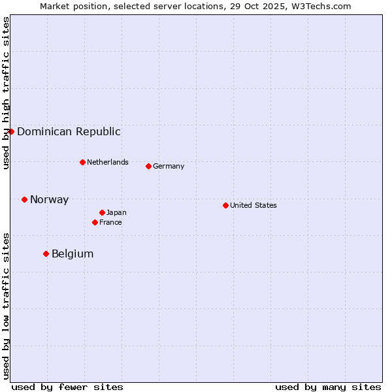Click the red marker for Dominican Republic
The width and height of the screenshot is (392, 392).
[x=11, y=131]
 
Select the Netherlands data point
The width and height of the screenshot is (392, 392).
[x=82, y=162]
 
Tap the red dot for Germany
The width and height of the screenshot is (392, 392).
[x=148, y=166]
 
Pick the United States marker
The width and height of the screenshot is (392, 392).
[x=225, y=205]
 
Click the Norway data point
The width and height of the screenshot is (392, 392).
[x=24, y=199]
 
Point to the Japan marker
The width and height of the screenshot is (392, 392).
[x=102, y=212]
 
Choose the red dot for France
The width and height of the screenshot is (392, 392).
[x=95, y=222]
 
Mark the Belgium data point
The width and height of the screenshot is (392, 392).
[x=46, y=253]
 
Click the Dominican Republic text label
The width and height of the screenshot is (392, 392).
[x=69, y=131]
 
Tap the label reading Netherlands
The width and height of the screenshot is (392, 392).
[x=107, y=162]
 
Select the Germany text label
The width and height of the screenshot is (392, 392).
[x=169, y=166]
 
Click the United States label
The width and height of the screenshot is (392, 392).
[x=253, y=205]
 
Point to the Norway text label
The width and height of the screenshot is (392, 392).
[x=49, y=199]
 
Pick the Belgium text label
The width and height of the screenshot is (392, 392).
[x=73, y=253]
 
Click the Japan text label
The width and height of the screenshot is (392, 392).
[x=116, y=212]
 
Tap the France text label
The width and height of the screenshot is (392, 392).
[x=110, y=222]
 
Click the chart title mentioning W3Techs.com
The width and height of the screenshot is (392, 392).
[x=195, y=6]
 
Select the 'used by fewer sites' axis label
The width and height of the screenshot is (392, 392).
[x=67, y=387]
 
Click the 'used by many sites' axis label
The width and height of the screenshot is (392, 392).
[x=328, y=387]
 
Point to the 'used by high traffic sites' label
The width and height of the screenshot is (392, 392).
[x=6, y=93]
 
